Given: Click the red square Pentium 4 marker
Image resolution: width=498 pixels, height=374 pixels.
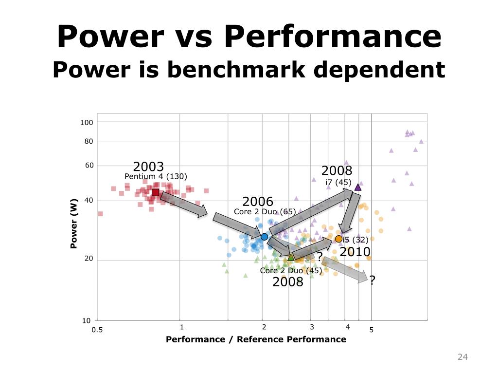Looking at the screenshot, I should [x=155, y=192].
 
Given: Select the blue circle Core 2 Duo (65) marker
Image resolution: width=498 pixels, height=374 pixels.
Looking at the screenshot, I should [x=264, y=237].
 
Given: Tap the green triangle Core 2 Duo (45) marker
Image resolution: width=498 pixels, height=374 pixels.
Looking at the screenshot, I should [x=291, y=257].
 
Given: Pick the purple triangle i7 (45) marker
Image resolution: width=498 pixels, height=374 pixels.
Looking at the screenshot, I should [x=358, y=187].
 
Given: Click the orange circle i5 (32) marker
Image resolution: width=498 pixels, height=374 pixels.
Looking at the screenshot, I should [x=338, y=239].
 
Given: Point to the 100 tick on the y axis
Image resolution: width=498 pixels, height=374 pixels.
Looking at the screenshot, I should [x=86, y=122].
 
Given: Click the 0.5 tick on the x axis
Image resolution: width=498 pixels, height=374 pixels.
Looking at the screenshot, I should [x=98, y=330].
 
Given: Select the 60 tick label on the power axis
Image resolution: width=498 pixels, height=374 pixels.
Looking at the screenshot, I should [x=89, y=166].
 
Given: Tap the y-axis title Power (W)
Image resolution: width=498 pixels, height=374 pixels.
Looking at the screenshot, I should [x=74, y=224].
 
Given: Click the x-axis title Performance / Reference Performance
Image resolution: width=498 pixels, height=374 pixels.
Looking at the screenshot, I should [x=256, y=339].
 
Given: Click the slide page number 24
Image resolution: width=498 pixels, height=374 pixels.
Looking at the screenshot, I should [x=462, y=358].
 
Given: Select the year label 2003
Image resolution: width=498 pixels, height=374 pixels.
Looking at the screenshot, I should [x=148, y=166].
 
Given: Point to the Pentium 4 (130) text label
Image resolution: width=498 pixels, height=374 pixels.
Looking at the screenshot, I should [x=156, y=176].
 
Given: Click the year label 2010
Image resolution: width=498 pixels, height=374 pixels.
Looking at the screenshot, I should [x=355, y=252].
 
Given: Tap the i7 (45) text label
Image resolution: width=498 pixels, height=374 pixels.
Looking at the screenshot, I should [x=338, y=182].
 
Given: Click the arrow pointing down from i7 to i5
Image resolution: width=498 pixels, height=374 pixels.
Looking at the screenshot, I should [x=349, y=212].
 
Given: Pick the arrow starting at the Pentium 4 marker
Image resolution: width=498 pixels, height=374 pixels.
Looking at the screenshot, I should [x=183, y=204].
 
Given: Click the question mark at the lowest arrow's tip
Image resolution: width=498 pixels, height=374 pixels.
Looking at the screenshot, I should [x=372, y=280].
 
